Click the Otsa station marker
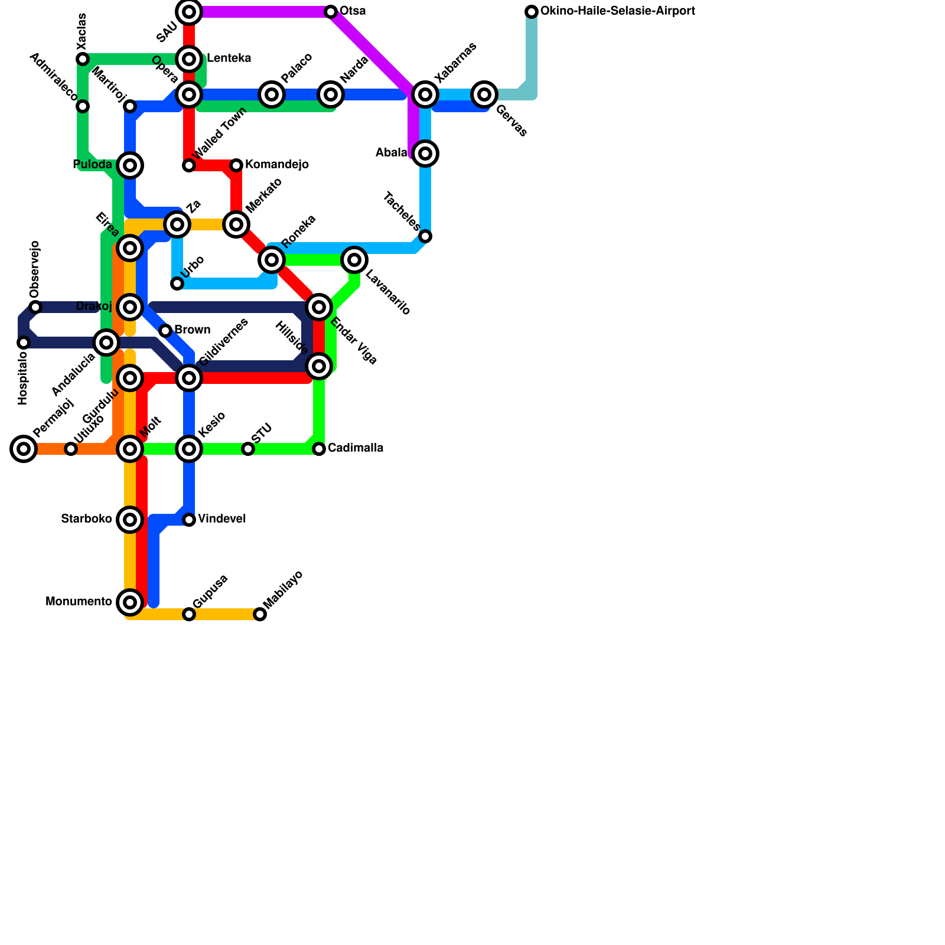coord(331,12)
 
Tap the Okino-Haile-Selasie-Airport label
coord(617,11)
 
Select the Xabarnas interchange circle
coord(425,94)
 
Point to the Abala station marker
coord(425,154)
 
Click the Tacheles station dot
coord(425,236)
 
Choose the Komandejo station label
coord(276,165)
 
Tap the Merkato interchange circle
coord(236,224)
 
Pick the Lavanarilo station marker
coord(354,259)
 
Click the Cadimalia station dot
coord(319,449)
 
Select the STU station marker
coord(248,449)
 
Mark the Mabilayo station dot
coord(260,614)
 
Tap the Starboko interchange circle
coord(130,520)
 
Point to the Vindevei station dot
coord(189,520)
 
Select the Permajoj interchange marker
coord(24,449)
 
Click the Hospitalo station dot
coord(24,343)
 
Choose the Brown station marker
coord(165,331)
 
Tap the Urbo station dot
coord(177,283)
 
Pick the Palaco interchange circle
coord(272,94)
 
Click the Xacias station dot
coord(83,59)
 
